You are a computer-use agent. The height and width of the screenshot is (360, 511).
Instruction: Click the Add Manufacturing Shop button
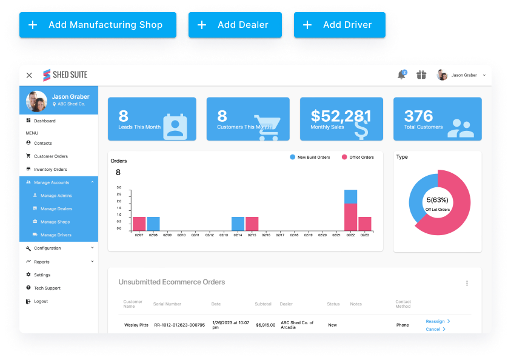click(98, 25)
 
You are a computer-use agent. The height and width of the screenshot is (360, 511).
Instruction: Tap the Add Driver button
click(339, 25)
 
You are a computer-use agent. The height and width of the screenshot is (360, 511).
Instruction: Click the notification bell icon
click(401, 75)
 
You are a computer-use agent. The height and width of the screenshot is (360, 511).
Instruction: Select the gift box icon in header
click(421, 75)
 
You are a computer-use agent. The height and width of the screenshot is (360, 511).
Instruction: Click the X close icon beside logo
click(29, 75)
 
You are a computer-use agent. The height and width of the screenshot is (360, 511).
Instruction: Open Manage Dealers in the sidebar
click(56, 208)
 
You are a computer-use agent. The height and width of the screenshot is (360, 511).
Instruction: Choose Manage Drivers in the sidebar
click(56, 235)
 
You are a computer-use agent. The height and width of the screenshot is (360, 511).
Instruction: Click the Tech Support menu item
click(47, 288)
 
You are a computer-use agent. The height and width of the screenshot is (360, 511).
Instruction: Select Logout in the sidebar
click(41, 301)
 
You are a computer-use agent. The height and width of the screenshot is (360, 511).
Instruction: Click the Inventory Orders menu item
click(50, 169)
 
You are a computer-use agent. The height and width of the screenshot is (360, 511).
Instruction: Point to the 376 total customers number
click(418, 116)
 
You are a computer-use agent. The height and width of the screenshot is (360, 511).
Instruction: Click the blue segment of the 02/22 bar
click(350, 196)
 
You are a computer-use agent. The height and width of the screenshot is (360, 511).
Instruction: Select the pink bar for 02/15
click(252, 224)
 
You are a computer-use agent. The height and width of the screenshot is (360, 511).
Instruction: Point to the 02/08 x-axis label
click(153, 235)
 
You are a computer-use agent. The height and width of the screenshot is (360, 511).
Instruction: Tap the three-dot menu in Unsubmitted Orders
click(467, 283)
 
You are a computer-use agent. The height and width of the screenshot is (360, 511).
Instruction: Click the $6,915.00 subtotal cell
click(266, 325)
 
